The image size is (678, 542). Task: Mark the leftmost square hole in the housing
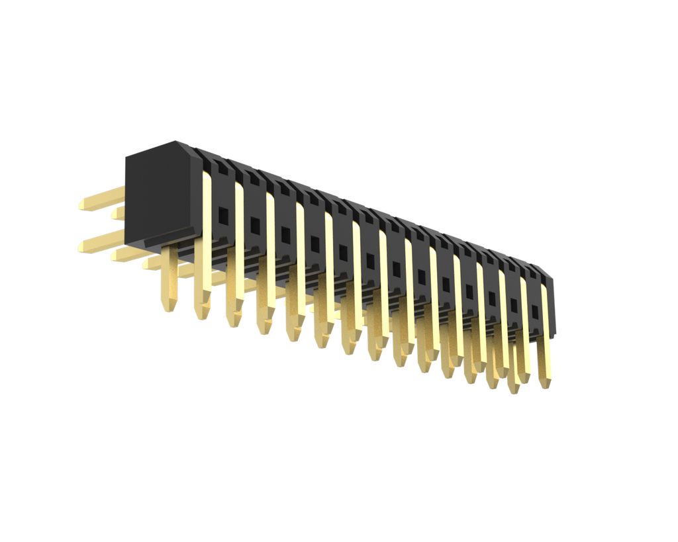224,215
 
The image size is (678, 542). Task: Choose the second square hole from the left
255,225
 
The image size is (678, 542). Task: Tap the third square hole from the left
285,234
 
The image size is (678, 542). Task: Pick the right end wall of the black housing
552,304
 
